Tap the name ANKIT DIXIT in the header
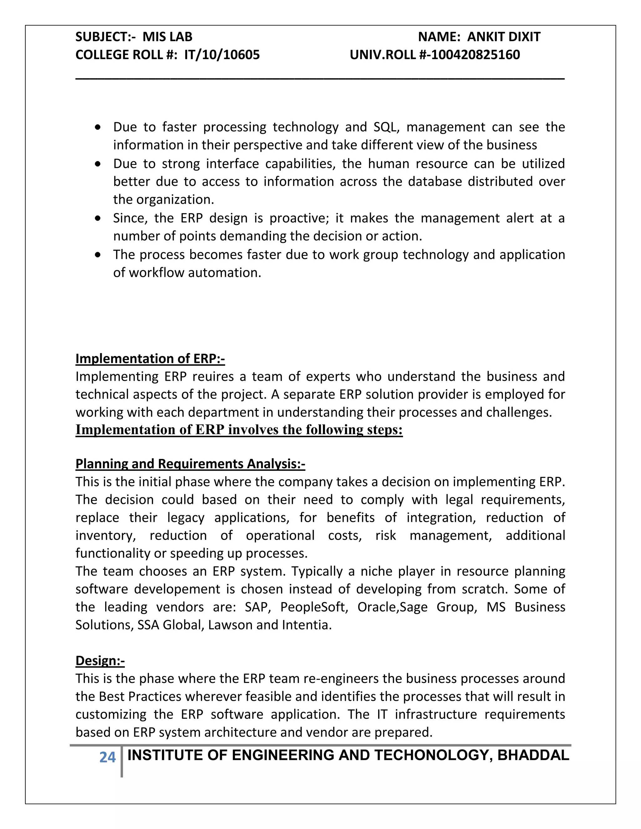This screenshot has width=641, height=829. (504, 37)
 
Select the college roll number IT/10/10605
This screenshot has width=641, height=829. (222, 55)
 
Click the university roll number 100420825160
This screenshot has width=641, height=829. (475, 55)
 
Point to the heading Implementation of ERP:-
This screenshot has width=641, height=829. (150, 358)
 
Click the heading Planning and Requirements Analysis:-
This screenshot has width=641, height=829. (190, 464)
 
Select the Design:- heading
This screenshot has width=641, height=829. (100, 660)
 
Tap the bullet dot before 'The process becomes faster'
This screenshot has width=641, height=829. (98, 255)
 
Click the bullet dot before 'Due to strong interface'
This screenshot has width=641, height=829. (98, 164)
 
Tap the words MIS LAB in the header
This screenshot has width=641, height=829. (167, 37)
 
